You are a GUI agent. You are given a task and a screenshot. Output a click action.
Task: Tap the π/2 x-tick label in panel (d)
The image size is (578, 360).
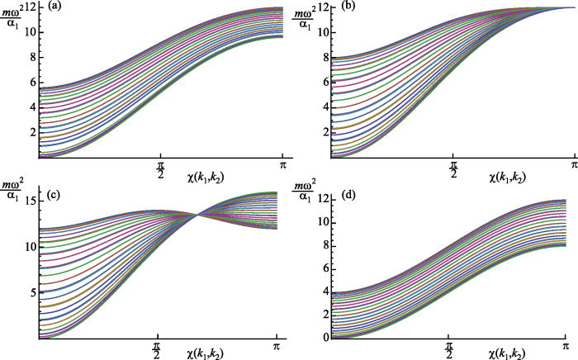point(448,348)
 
